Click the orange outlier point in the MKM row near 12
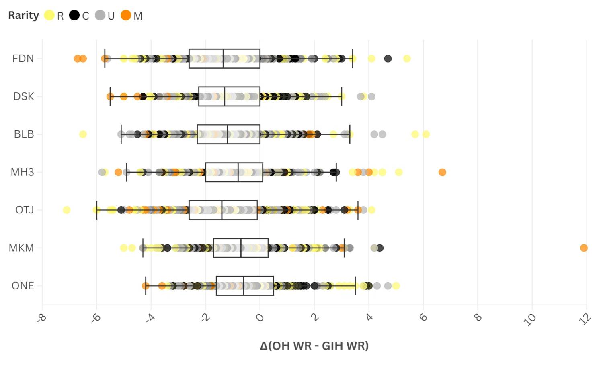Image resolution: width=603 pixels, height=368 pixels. [x=584, y=248]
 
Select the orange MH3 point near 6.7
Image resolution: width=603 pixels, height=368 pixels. [x=442, y=172]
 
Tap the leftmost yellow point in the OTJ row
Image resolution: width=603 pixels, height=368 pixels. [x=67, y=210]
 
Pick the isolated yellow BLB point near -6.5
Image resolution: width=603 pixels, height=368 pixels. [x=83, y=134]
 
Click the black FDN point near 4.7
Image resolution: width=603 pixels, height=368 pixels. [x=388, y=59]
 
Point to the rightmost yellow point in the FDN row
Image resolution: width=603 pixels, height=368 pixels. [x=407, y=59]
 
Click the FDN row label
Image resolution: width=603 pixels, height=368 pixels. [x=23, y=59]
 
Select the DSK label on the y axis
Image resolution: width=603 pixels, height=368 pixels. [x=23, y=96]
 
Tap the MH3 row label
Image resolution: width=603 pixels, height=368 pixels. [x=23, y=172]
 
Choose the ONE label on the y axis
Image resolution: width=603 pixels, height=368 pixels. [x=23, y=286]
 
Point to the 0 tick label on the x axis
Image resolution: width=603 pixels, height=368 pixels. [x=260, y=318]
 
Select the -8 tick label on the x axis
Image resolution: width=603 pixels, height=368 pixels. [x=41, y=318]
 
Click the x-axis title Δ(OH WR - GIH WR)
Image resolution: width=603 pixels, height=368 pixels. [x=314, y=346]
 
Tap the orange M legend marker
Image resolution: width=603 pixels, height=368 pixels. [x=126, y=15]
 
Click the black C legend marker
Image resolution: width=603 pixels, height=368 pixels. [x=74, y=15]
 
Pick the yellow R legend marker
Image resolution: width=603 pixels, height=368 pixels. [x=49, y=15]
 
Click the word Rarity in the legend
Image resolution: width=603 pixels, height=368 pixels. [x=24, y=15]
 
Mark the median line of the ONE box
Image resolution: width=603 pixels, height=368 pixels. [x=244, y=286]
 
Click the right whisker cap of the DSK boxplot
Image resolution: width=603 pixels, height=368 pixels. [x=342, y=96]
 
